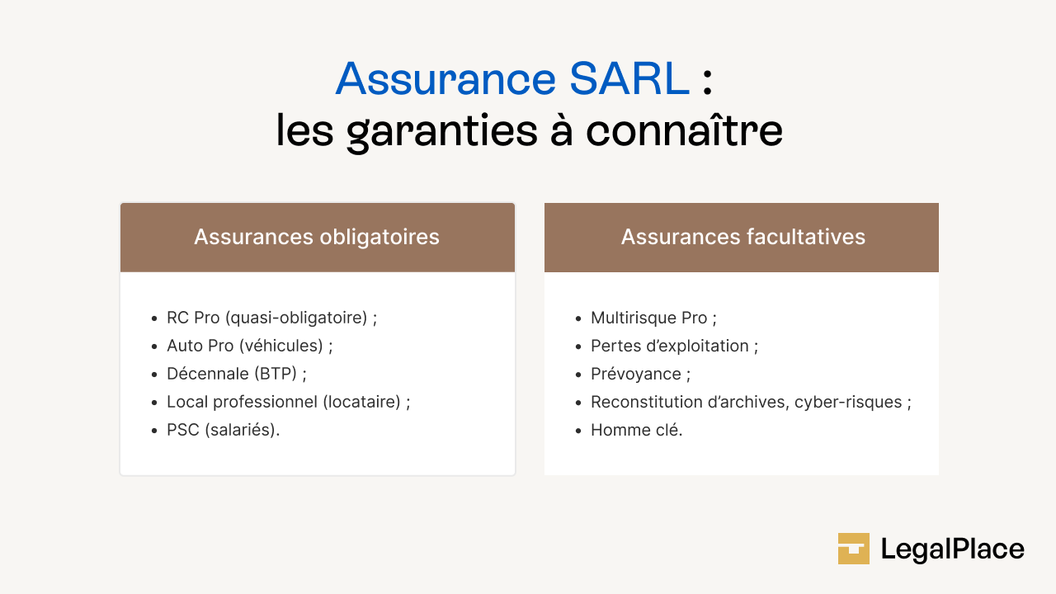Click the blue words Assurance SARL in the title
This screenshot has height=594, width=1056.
(511, 79)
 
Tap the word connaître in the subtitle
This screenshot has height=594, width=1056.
(684, 132)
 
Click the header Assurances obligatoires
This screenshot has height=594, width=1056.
(317, 238)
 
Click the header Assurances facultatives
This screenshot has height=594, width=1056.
(742, 238)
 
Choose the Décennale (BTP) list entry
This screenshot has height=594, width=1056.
(232, 375)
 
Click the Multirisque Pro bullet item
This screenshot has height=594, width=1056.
(649, 318)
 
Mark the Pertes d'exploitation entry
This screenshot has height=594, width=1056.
(670, 346)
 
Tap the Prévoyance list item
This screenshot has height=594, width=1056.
(636, 375)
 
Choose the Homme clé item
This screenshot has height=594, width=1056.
(635, 431)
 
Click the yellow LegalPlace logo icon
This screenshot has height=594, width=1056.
(854, 549)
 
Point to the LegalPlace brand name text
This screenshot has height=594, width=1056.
(952, 549)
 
